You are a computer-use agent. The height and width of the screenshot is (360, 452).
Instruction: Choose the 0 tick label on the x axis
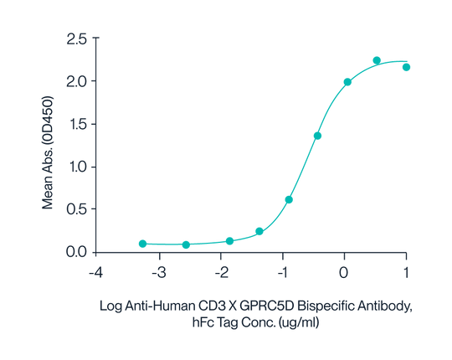tap(344, 273)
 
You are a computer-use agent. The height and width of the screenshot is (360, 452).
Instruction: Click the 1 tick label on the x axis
tap(406, 273)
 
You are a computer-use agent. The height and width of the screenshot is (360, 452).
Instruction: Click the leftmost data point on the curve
tap(142, 243)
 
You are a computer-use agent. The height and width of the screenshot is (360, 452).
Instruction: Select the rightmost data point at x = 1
tap(406, 67)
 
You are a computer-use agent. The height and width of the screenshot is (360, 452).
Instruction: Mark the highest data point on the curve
tap(377, 60)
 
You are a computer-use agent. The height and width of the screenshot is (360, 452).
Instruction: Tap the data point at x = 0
tap(347, 82)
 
